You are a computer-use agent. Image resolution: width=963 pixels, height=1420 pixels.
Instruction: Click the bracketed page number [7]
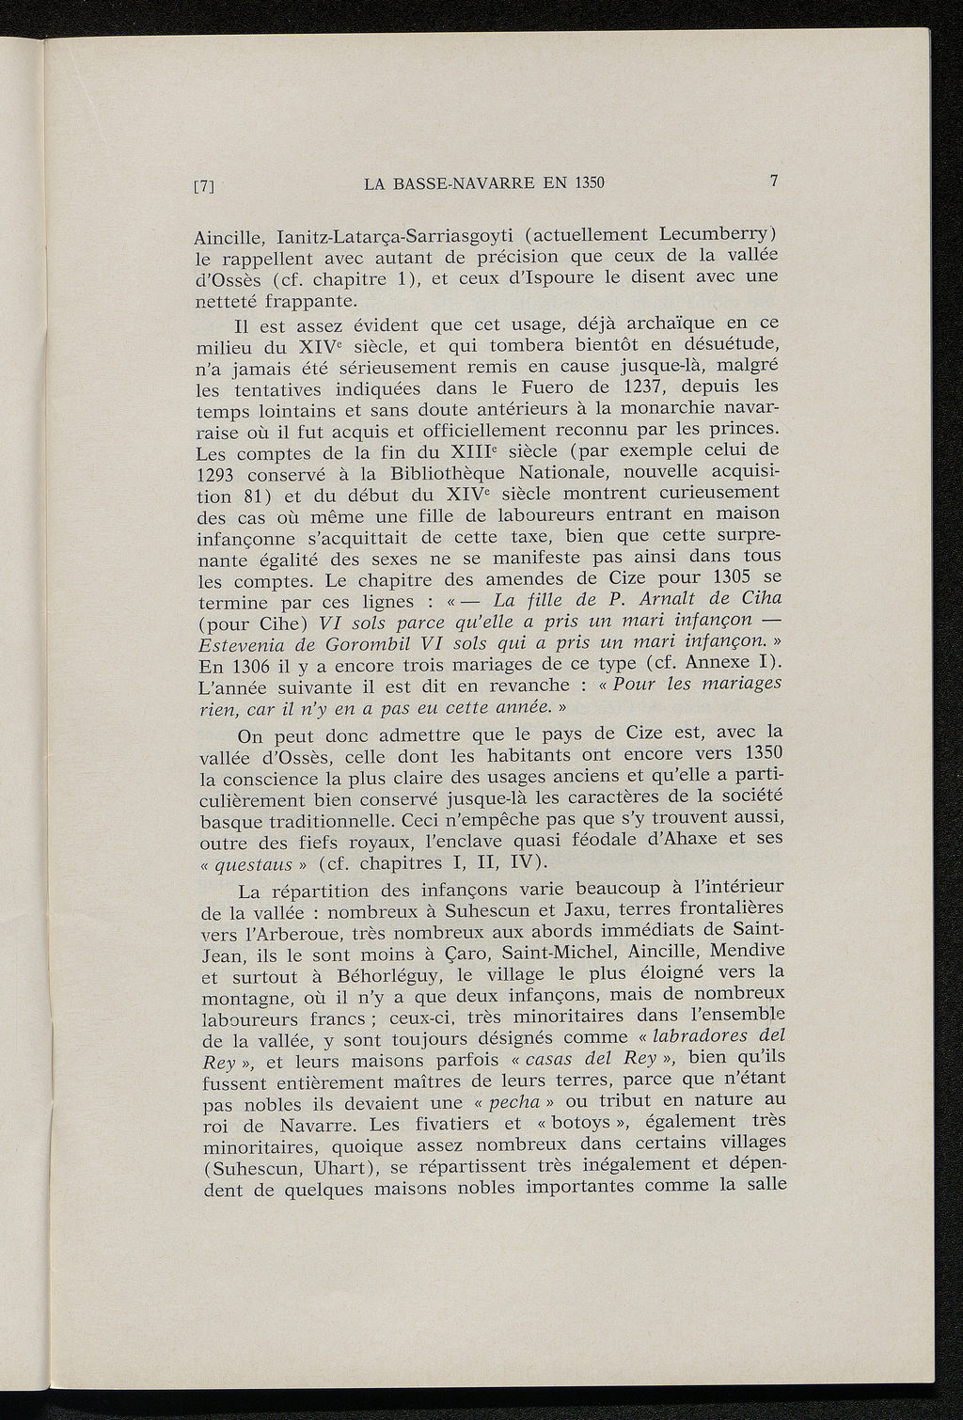coord(205,186)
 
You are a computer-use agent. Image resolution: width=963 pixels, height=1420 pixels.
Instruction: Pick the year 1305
coord(737,576)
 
